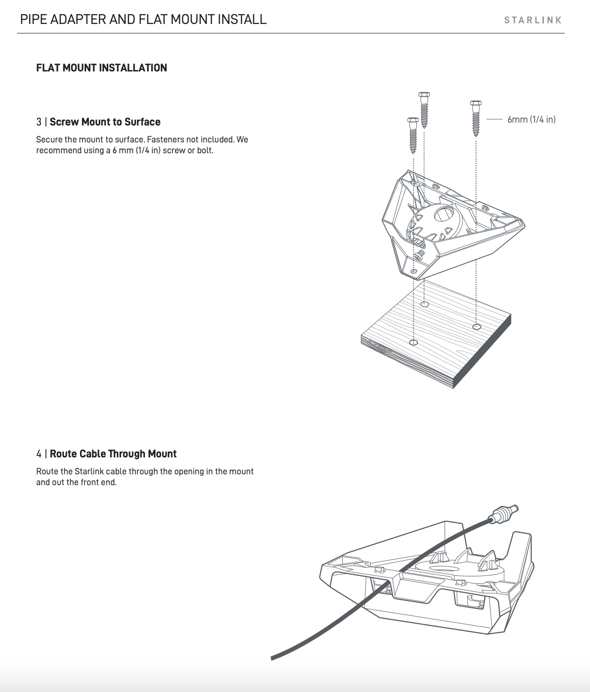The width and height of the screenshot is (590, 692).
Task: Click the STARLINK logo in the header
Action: [x=533, y=20]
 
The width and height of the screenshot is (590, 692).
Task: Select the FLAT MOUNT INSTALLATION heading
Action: [x=102, y=68]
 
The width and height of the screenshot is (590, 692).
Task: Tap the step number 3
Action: [x=39, y=122]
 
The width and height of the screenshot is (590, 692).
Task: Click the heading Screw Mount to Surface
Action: [x=105, y=122]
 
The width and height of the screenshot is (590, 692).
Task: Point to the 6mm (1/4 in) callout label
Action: [x=531, y=119]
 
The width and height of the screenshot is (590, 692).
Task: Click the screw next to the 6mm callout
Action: [x=476, y=118]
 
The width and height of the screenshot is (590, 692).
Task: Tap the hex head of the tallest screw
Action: [x=424, y=95]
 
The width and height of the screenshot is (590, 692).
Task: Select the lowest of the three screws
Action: [x=413, y=135]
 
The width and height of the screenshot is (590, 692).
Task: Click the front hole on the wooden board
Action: [x=414, y=343]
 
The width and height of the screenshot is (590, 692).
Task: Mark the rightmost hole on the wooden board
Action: [x=477, y=327]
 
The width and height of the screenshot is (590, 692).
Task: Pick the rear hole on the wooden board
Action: [x=424, y=304]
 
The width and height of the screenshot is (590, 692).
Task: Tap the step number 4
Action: [x=39, y=454]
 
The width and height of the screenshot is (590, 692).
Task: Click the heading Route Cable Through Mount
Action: [x=113, y=454]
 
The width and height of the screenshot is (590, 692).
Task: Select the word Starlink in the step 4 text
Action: [x=89, y=472]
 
